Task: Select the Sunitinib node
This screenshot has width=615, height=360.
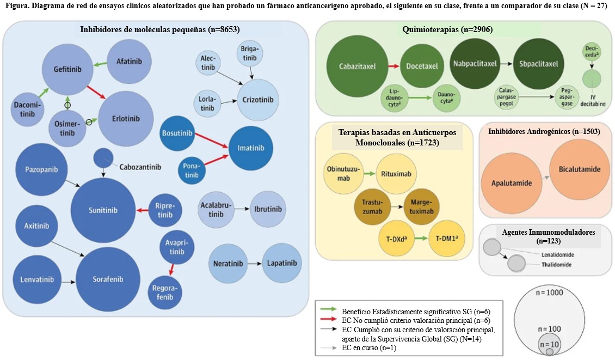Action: point(103,210)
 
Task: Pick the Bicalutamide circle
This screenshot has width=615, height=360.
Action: point(579,169)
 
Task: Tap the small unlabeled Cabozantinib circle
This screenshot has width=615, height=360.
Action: point(103,158)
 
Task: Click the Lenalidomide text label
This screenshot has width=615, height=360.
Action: point(557,254)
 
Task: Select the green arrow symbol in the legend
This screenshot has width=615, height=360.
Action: point(327,311)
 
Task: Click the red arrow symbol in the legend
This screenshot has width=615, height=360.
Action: point(327,320)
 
